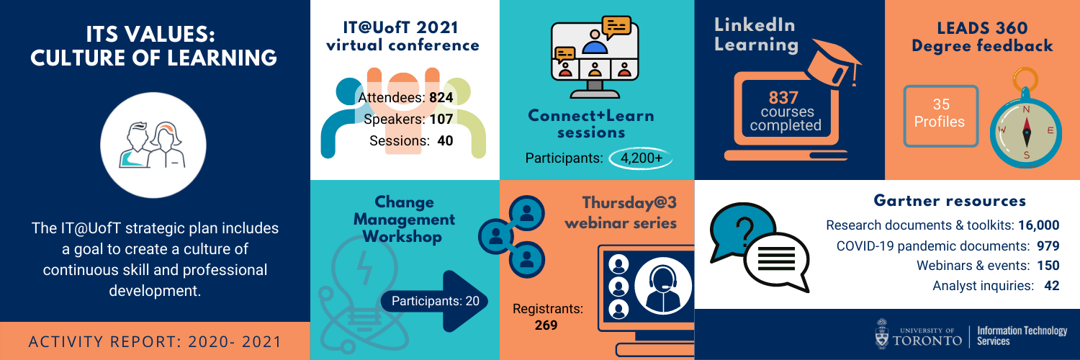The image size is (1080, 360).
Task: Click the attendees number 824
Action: [x=441, y=98]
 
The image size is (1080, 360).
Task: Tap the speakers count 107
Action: [x=441, y=119]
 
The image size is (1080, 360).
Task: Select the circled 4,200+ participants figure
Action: [x=641, y=158]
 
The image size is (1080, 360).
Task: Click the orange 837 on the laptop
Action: [x=783, y=98]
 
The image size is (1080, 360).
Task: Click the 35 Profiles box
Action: [x=940, y=116]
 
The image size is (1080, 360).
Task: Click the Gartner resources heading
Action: [x=950, y=200]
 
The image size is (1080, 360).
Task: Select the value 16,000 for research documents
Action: [x=1038, y=225]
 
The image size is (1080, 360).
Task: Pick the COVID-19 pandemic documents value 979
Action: [x=1048, y=246]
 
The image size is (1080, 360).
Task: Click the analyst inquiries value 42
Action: [x=1051, y=286]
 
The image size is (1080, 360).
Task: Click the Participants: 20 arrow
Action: [x=435, y=302]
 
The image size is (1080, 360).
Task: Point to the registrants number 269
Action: [x=546, y=325]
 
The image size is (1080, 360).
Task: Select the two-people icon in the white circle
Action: [x=153, y=145]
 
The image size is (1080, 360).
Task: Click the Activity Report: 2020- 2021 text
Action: [x=155, y=342]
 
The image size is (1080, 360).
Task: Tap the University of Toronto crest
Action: [x=882, y=333]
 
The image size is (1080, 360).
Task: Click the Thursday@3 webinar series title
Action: [x=621, y=212]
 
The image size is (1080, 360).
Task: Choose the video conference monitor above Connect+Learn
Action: [x=595, y=57]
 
